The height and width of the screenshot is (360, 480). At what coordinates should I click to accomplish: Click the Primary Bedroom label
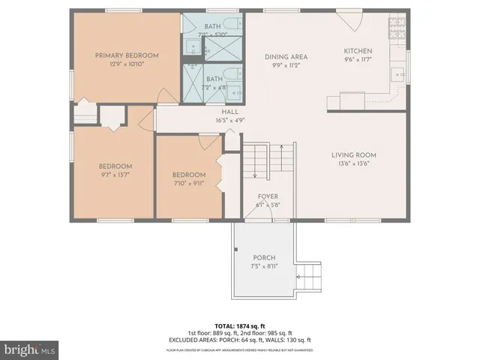click(127, 55)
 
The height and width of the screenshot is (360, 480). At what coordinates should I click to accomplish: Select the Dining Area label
click(286, 56)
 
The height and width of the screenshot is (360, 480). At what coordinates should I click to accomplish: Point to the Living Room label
click(354, 155)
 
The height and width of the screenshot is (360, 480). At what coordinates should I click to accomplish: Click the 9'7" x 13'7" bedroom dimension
click(115, 175)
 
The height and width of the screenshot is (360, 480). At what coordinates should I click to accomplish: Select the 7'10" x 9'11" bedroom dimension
click(189, 184)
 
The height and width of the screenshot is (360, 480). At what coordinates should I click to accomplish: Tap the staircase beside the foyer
click(267, 161)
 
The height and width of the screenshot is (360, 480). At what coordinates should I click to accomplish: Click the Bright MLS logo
click(30, 349)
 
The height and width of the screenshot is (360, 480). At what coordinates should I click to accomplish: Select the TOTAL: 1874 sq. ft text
click(240, 326)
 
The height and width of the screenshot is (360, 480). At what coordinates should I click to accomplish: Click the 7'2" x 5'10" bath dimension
click(213, 34)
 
